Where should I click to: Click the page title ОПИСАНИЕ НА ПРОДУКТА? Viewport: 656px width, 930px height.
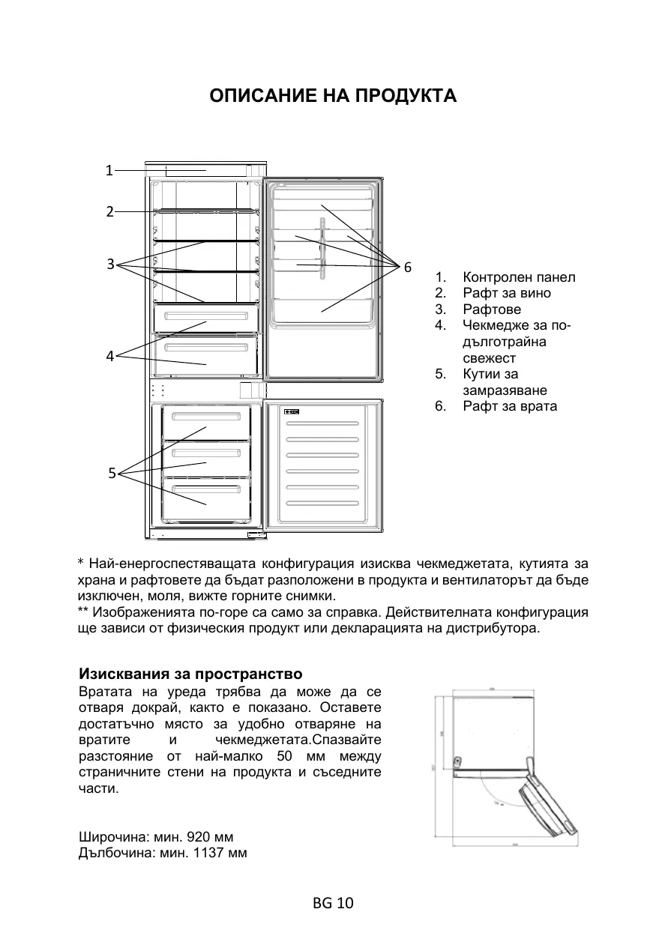[x=333, y=97]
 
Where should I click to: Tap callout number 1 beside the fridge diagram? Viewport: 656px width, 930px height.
[x=109, y=170]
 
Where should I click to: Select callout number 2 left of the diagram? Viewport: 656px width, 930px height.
[x=109, y=211]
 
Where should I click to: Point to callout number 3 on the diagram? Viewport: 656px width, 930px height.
[x=109, y=263]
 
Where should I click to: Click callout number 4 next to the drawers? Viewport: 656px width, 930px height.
[x=109, y=356]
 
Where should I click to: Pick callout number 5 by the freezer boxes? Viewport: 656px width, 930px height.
[x=111, y=472]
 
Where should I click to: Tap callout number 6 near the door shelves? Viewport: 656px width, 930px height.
[x=407, y=267]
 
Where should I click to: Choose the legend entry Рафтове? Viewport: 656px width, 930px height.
[x=491, y=310]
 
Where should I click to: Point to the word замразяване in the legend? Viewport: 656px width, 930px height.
[x=505, y=390]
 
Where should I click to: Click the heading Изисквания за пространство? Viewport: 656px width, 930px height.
[x=190, y=673]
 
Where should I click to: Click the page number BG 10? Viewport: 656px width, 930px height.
[x=333, y=902]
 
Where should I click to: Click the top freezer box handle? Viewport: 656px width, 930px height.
[x=206, y=416]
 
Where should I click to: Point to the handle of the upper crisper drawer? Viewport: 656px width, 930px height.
[x=206, y=315]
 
